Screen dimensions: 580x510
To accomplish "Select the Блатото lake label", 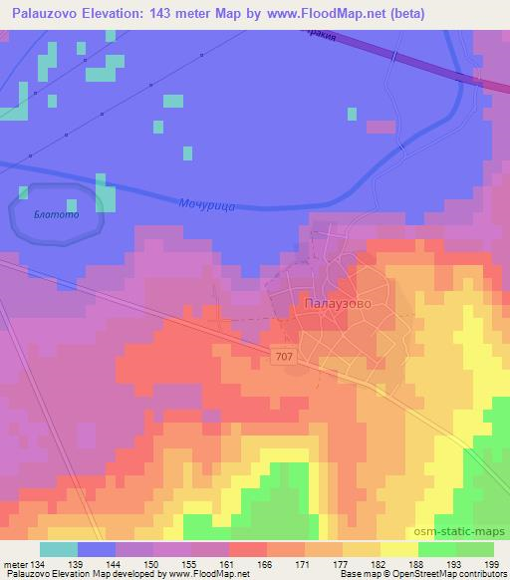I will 54,214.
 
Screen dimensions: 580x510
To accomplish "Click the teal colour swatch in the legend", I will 59,549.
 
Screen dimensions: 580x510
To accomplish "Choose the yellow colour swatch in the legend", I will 399,549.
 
